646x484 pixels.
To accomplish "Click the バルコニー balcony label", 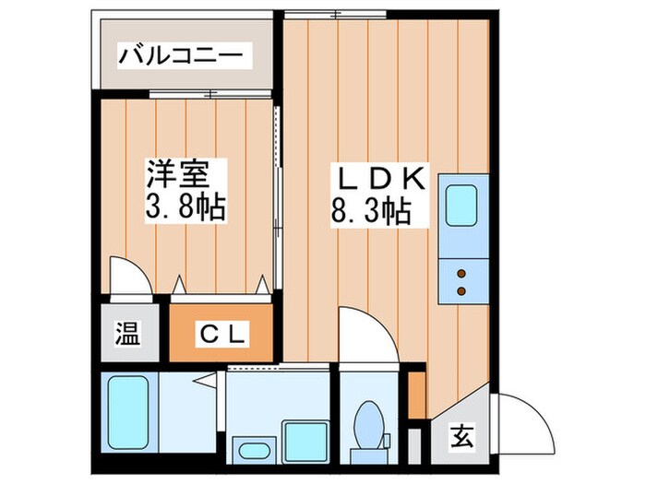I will pos(184,57).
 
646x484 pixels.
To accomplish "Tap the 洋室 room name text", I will pos(183,172).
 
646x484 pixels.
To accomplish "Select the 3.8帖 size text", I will pos(184,205).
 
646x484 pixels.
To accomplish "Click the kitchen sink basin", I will pos(461,208).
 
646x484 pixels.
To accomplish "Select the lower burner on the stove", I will pos(461,291).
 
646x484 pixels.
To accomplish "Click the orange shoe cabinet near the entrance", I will pos(417,391).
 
